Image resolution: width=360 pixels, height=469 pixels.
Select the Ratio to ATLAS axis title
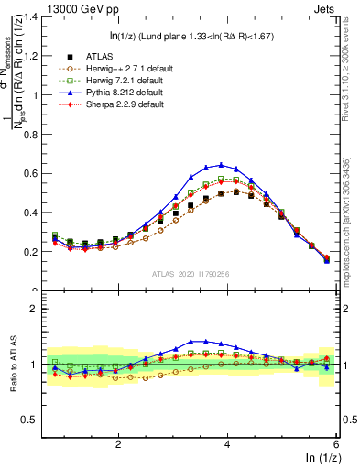point(13,365)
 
